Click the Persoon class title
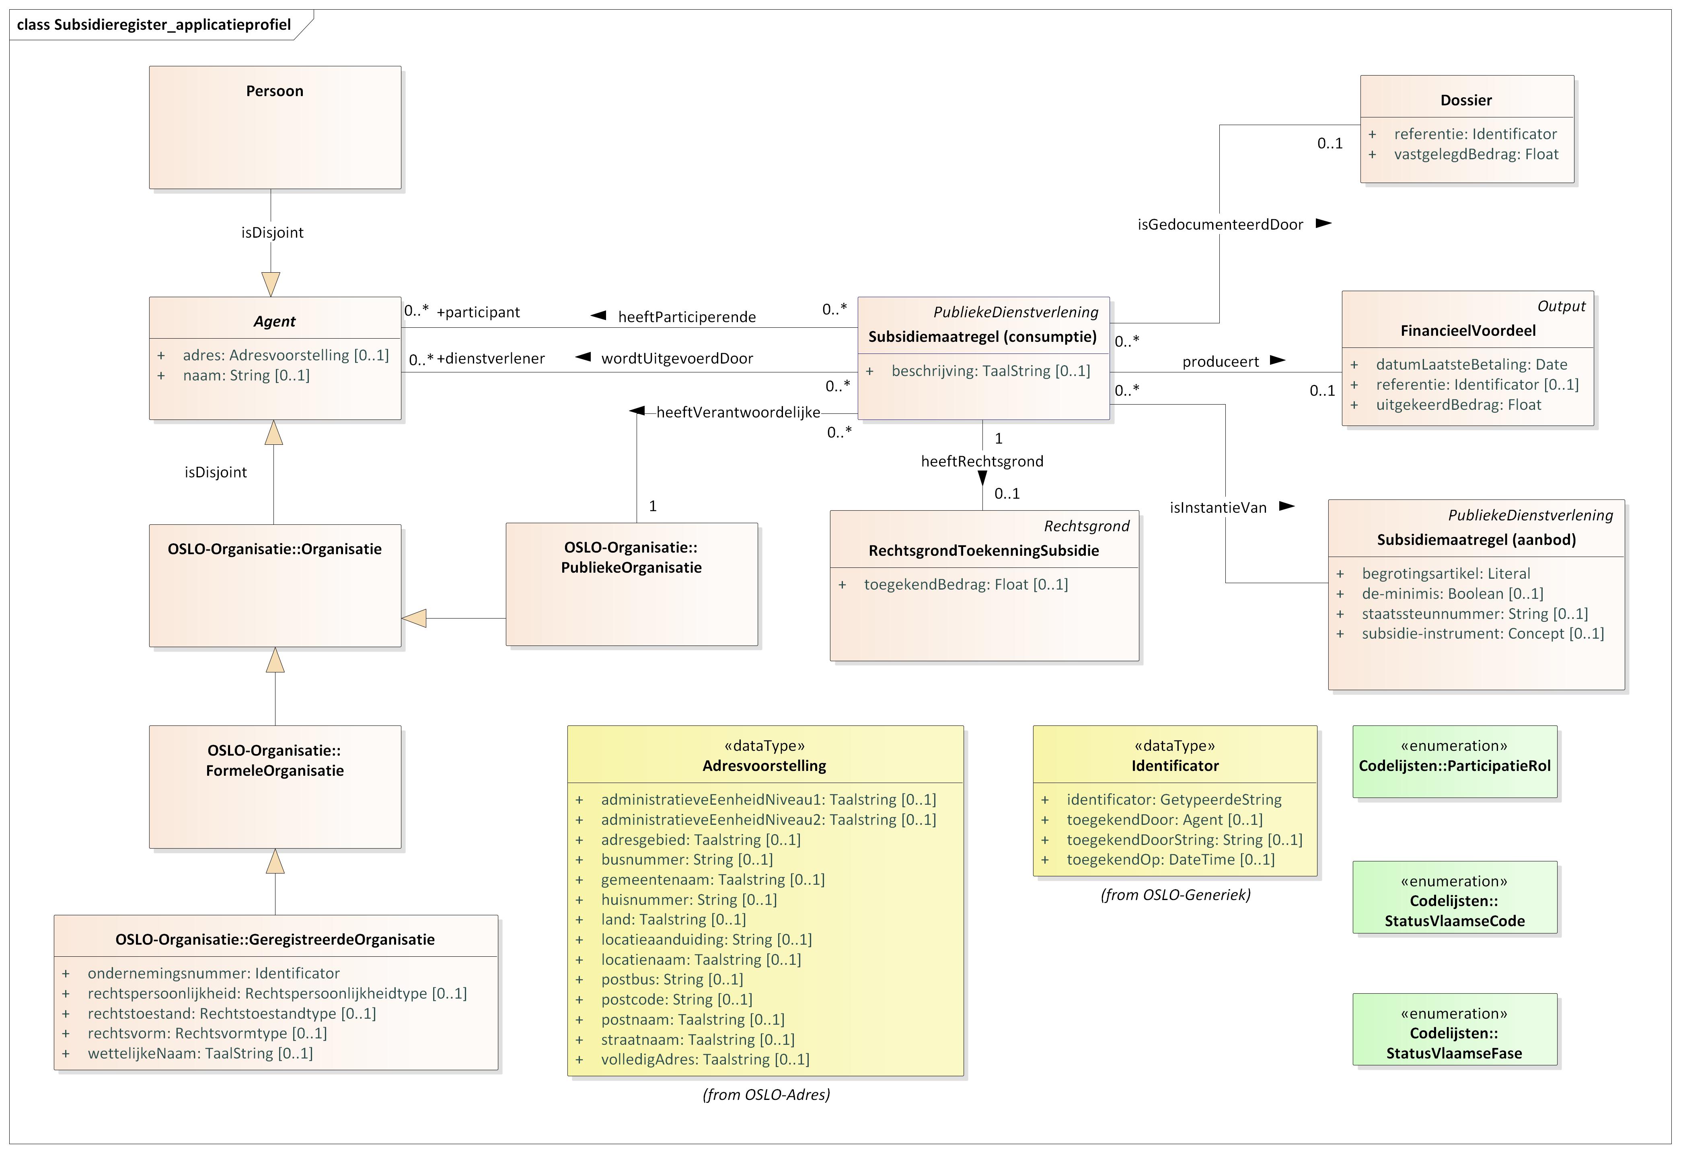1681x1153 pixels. click(x=274, y=91)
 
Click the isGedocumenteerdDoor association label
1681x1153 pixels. click(x=1219, y=225)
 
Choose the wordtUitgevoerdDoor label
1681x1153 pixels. click(x=677, y=359)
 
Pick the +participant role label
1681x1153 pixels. click(x=478, y=312)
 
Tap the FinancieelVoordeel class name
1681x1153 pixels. click(x=1467, y=331)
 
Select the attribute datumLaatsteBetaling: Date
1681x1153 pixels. click(x=1471, y=365)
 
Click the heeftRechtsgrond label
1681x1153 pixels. click(x=982, y=462)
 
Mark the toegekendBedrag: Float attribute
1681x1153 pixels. click(x=965, y=584)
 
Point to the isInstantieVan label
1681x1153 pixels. click(x=1218, y=508)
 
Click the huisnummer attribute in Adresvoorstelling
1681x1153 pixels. click(x=688, y=900)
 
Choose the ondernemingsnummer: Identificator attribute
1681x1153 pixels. click(x=214, y=974)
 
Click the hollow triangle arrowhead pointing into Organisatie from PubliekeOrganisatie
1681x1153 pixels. click(x=415, y=619)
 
